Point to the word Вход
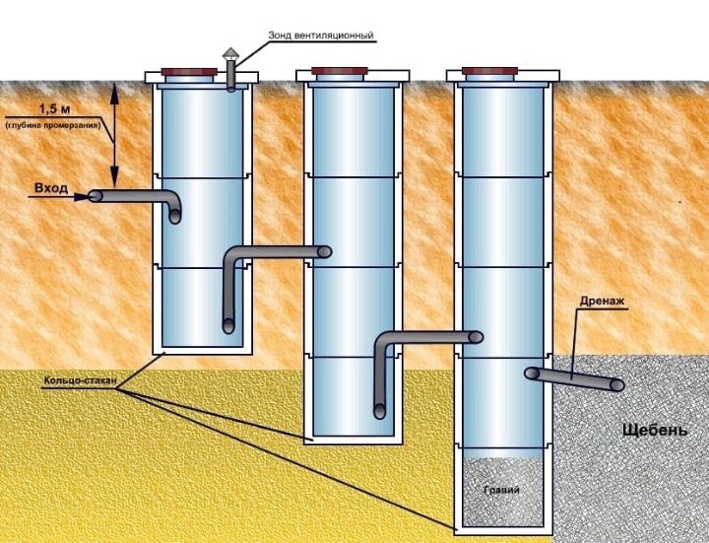point(50,186)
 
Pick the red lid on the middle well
point(339,71)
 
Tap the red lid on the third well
point(489,71)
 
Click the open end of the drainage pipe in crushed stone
point(617,384)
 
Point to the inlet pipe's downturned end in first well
point(175,216)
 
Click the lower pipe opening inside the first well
point(227,324)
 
